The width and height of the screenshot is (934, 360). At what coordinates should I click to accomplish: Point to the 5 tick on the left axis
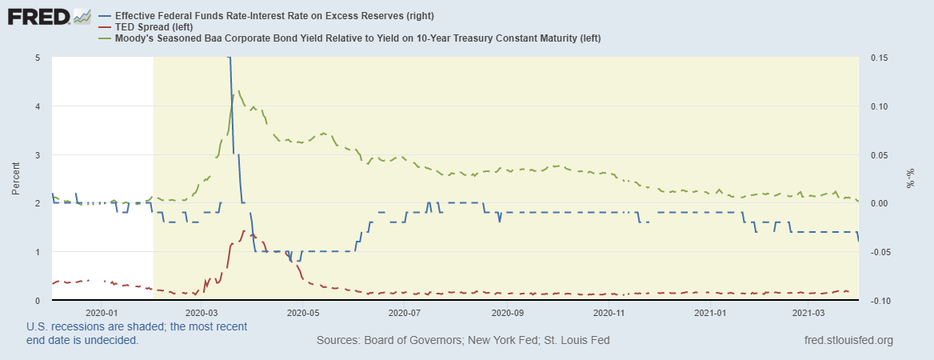point(38,58)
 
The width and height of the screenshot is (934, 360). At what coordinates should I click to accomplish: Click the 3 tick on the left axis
point(38,154)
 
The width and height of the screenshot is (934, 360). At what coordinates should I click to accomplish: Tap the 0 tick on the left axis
point(38,300)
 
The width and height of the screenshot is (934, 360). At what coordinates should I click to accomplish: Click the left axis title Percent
point(16,178)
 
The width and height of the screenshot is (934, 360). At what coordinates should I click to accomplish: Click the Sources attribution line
point(463,341)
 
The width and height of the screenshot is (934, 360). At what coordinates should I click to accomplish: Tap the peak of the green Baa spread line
point(240,91)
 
